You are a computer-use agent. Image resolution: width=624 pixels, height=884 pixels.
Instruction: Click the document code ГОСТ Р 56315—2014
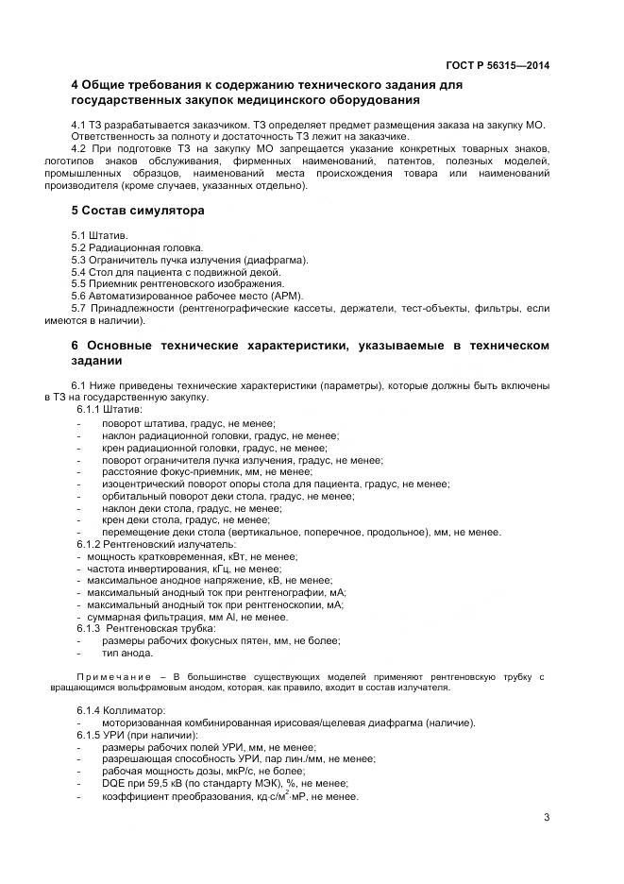[x=498, y=65]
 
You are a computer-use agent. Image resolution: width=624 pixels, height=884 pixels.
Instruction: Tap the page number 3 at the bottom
[x=547, y=818]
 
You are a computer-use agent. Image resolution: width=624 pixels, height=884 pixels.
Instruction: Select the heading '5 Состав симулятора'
[x=138, y=211]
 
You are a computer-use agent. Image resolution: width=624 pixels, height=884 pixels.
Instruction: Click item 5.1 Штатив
[x=100, y=235]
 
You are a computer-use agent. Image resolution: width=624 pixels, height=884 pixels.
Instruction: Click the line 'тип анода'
[x=127, y=653]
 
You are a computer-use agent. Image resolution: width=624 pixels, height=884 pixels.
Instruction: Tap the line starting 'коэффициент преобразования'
[x=230, y=797]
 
